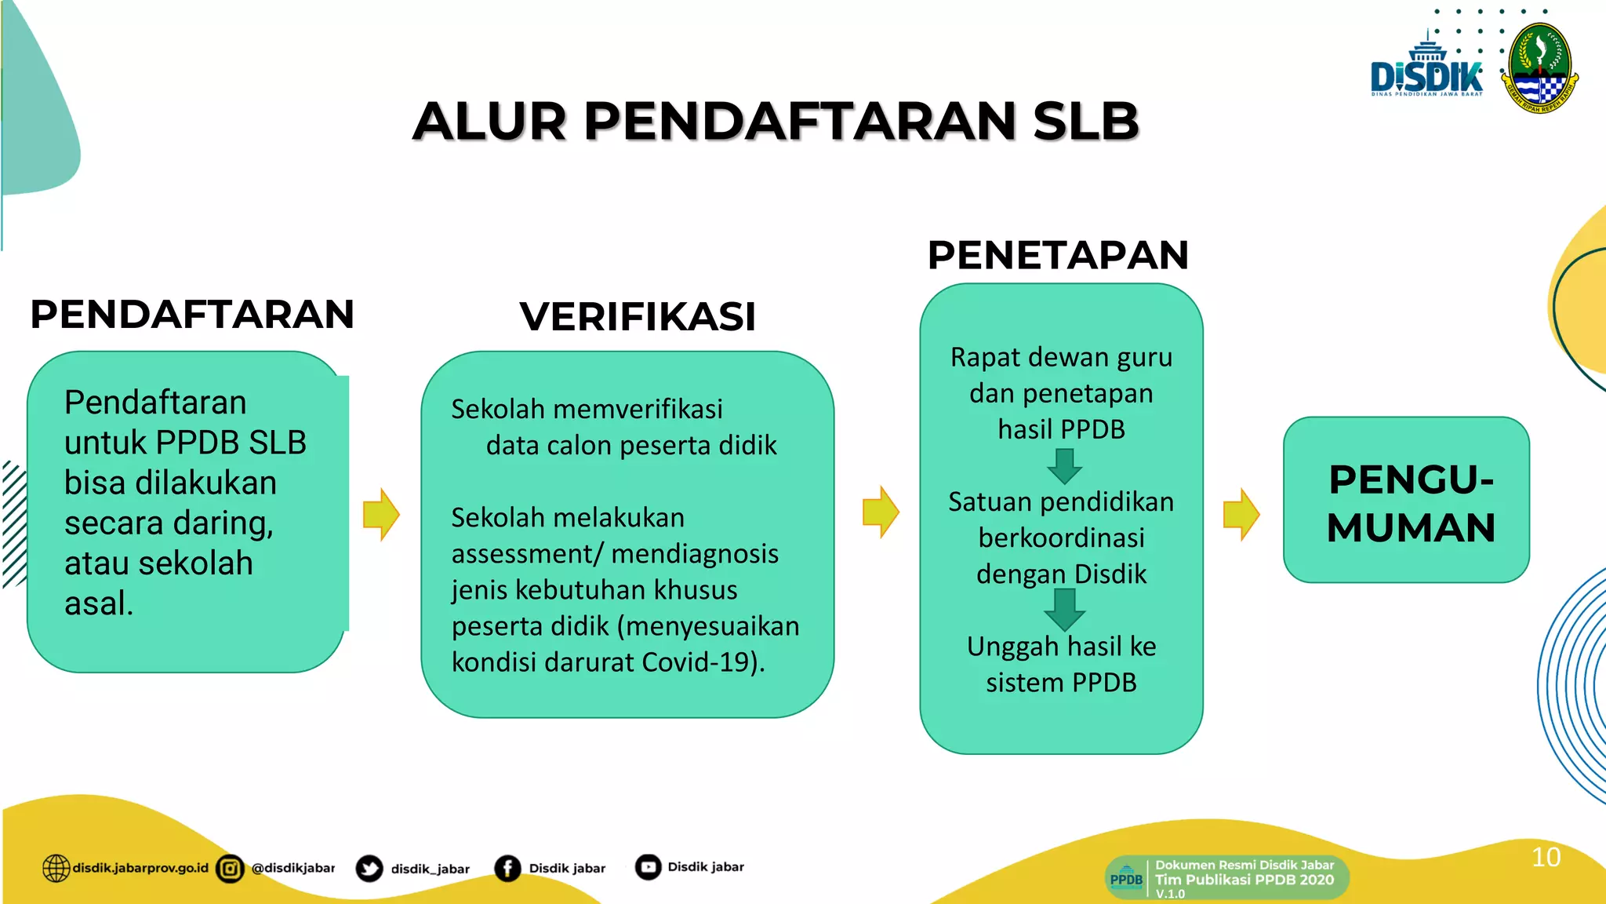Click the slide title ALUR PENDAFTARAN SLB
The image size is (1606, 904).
[776, 122]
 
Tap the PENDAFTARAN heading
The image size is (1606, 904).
[192, 314]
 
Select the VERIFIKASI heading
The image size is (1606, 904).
[638, 316]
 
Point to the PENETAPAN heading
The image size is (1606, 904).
[1058, 255]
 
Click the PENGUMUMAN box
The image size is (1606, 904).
[1406, 501]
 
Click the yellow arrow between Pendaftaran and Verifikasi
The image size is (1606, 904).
[382, 515]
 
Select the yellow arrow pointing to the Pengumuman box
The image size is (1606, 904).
[1241, 515]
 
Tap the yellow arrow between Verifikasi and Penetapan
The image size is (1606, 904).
[881, 512]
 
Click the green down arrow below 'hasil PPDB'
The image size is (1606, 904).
[1064, 465]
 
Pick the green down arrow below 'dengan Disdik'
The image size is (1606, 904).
[1064, 609]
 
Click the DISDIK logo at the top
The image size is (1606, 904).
[1426, 71]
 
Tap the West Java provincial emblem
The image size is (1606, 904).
[1541, 69]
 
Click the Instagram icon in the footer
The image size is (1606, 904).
[230, 868]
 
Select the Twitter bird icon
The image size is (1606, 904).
[369, 868]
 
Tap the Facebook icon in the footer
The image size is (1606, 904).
[507, 868]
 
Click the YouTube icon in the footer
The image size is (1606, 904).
[648, 867]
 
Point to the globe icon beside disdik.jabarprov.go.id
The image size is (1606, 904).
[56, 868]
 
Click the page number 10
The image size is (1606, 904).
[1546, 857]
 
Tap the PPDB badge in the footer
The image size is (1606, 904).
[1126, 878]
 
